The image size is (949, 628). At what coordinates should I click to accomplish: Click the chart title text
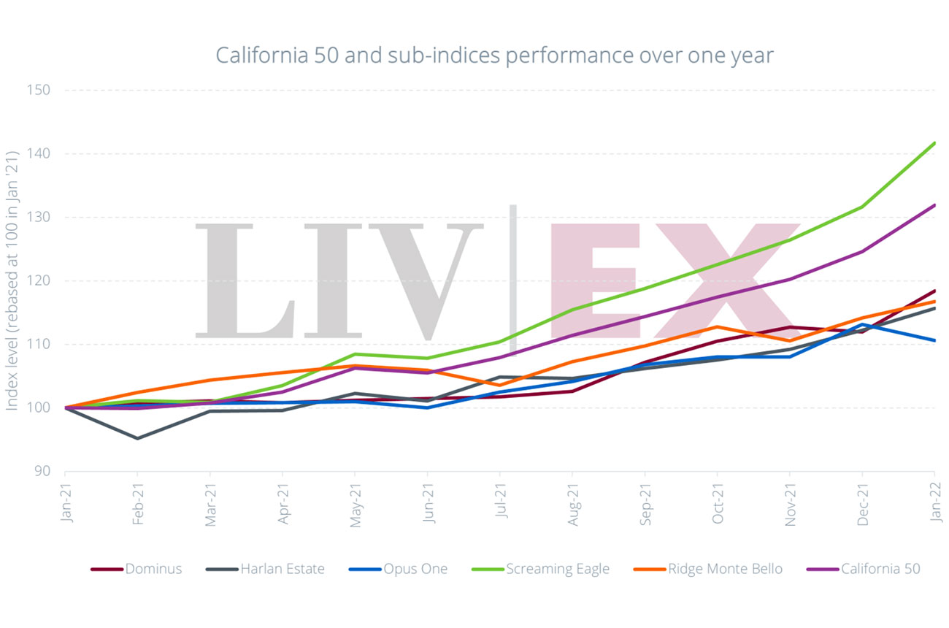pos(494,55)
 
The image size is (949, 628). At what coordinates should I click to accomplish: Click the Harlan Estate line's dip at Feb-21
pos(137,438)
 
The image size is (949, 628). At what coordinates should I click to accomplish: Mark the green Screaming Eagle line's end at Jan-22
pos(934,144)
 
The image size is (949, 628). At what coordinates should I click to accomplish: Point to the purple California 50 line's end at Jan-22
pos(934,206)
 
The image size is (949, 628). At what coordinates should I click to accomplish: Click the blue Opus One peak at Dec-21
pos(862,324)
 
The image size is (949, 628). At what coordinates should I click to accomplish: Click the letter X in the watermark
pos(719,281)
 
